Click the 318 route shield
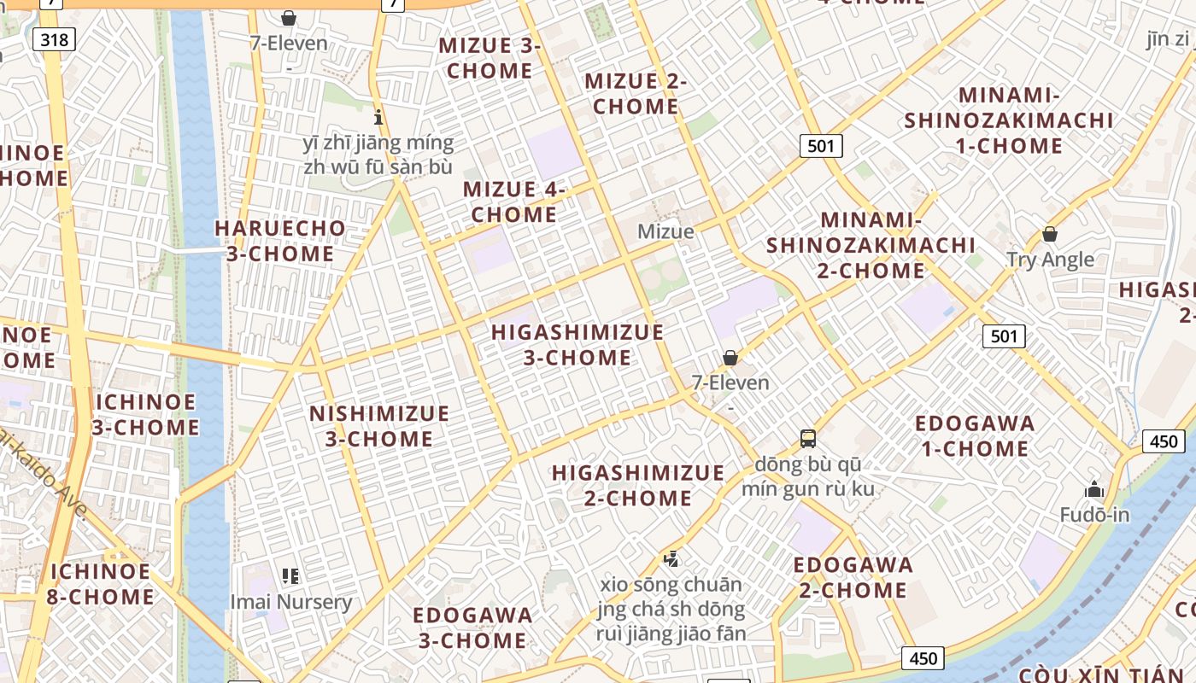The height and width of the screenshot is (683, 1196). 56,38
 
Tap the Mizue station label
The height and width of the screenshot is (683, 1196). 665,231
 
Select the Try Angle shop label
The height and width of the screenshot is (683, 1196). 1050,260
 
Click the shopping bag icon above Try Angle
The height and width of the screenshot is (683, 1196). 1050,233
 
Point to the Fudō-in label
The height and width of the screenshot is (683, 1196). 1094,515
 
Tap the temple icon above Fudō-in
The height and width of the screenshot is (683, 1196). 1094,489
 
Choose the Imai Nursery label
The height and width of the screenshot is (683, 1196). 291,602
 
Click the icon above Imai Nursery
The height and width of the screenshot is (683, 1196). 290,576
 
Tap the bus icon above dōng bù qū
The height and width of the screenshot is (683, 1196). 808,439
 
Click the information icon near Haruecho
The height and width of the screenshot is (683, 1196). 378,117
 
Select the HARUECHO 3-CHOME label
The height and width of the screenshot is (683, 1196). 280,241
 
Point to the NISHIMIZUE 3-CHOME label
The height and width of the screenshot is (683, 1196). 379,426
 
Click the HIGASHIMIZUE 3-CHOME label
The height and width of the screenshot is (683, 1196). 577,345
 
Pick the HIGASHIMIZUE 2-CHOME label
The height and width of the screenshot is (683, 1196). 638,485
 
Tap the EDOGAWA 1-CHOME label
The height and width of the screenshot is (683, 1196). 975,435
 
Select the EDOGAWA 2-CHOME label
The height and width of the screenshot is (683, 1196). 853,577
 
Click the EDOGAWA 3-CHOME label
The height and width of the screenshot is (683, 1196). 472,628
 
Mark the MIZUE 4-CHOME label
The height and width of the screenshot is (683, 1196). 514,201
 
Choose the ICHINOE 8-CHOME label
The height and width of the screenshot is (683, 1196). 100,584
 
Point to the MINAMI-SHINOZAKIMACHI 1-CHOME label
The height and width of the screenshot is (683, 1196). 1009,120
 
